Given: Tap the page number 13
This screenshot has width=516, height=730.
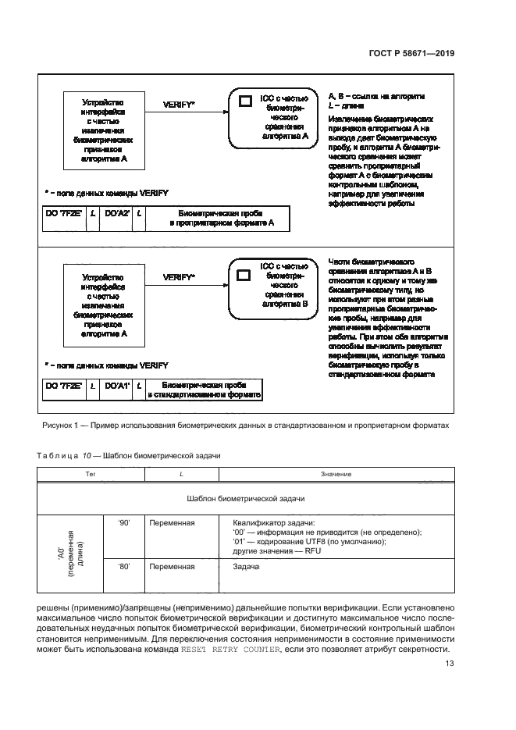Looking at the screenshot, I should (449, 664).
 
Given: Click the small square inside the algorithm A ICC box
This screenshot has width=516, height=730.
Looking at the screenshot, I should (244, 101).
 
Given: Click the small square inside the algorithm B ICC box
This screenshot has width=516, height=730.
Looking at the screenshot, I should (244, 275).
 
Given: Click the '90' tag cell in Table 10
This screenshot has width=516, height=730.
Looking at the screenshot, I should (123, 522).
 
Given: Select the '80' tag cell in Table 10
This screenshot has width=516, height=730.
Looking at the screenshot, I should (123, 567).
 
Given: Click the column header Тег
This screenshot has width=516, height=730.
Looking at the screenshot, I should (91, 474).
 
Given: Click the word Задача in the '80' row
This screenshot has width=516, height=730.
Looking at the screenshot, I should (247, 567).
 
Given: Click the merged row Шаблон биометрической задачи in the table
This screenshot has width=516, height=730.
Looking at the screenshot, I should (246, 497).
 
